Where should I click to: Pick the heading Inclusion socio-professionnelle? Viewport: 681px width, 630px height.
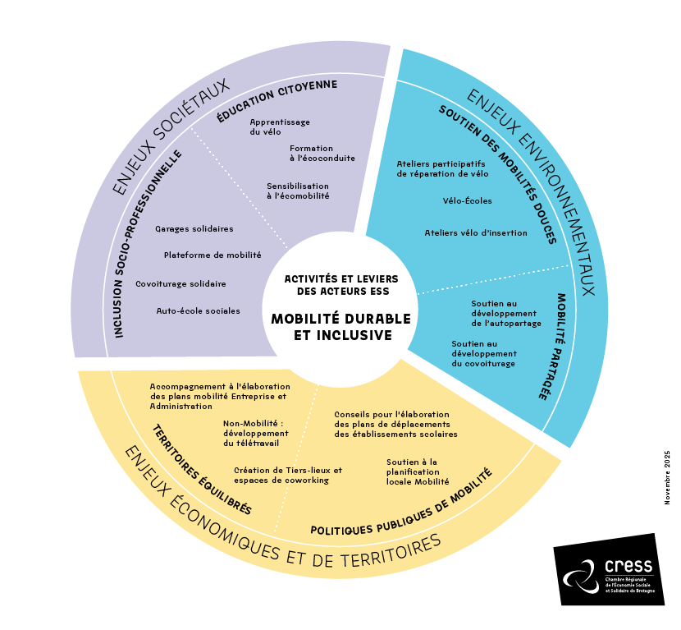149,242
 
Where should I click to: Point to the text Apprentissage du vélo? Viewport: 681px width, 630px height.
280,126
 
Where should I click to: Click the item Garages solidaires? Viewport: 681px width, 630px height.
194,228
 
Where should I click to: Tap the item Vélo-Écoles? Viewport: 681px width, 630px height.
466,200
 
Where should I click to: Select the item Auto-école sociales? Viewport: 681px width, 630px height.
198,310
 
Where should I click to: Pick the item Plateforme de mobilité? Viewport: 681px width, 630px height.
212,255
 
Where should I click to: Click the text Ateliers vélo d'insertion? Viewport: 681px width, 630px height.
476,232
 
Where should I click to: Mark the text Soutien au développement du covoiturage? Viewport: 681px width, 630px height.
483,353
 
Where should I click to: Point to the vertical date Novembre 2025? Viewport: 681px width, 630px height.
667,476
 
